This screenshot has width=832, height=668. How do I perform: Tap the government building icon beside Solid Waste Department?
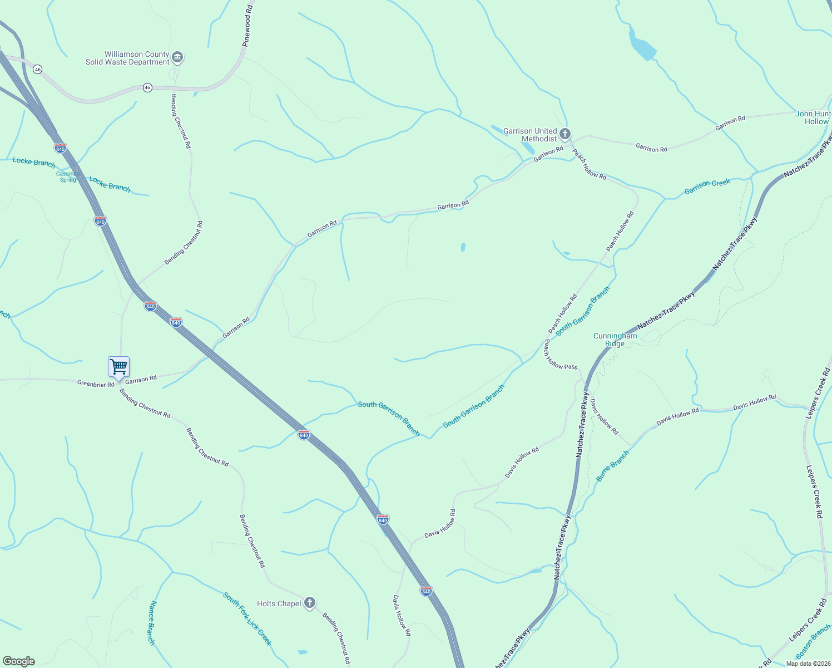point(177,57)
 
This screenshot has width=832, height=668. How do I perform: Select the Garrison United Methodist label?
point(530,135)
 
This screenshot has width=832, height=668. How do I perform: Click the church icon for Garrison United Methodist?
point(565,134)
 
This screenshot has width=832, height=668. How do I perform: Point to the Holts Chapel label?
point(279,603)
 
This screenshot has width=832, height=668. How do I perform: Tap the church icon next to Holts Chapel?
point(310,603)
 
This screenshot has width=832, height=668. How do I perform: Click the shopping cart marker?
point(118,367)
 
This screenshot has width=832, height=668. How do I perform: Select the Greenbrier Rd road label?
point(96,384)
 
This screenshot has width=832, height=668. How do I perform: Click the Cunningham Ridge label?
point(615,340)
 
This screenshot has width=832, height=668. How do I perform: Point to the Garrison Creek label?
point(707,186)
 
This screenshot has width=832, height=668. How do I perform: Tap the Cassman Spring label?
point(68,176)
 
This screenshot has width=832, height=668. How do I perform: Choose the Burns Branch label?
point(612,466)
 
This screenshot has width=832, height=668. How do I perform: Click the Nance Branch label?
point(151,622)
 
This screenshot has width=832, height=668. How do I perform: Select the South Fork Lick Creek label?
point(247,618)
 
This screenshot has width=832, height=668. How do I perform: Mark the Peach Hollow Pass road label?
point(561,354)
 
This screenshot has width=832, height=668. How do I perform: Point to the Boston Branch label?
point(813,642)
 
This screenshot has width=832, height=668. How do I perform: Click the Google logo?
point(18,661)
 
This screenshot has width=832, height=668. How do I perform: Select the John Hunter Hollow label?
point(814,117)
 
